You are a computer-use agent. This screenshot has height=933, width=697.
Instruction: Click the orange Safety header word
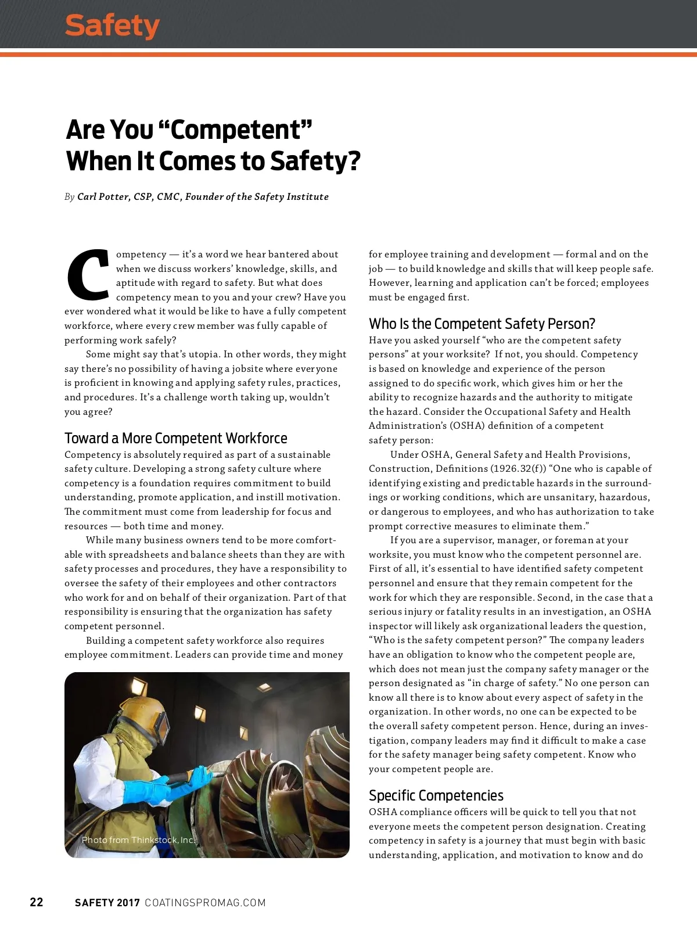[x=112, y=26]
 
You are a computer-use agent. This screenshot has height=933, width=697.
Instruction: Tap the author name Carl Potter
[x=103, y=197]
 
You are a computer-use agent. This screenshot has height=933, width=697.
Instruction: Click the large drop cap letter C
[x=88, y=274]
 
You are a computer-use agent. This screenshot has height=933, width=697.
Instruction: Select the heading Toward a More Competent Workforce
[x=175, y=438]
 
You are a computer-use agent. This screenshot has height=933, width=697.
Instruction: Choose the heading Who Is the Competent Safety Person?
[x=482, y=324]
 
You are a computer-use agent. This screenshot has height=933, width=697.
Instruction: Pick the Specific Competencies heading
[x=436, y=795]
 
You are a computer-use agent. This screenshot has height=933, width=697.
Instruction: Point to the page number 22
[x=37, y=902]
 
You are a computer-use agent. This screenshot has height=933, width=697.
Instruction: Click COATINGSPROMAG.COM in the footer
[x=205, y=903]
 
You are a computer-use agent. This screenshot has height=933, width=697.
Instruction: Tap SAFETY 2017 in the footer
[x=107, y=903]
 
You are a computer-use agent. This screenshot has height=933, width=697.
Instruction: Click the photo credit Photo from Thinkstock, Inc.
[x=138, y=840]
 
